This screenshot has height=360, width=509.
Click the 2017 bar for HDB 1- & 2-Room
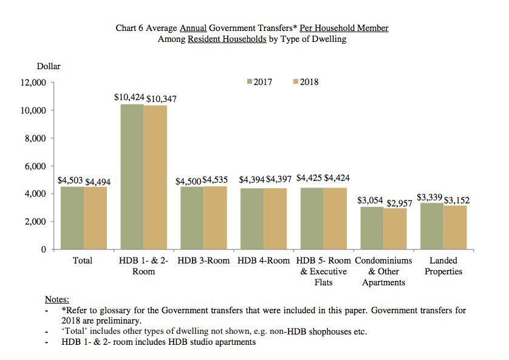tap(132, 177)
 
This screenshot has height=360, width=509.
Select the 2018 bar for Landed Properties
tap(455, 227)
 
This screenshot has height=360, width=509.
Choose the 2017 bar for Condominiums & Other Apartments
tap(372, 228)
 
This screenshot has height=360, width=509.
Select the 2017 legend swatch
tap(248, 82)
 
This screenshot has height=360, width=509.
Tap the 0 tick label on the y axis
tap(44, 250)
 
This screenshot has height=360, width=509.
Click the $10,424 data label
tap(129, 97)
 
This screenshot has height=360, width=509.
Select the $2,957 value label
tap(400, 203)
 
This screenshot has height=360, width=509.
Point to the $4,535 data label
tap(217, 180)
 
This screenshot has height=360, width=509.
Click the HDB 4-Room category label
tap(264, 260)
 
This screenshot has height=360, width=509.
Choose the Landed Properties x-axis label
tap(443, 266)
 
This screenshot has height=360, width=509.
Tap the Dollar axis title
tap(49, 66)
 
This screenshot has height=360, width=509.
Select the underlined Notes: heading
tap(57, 299)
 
